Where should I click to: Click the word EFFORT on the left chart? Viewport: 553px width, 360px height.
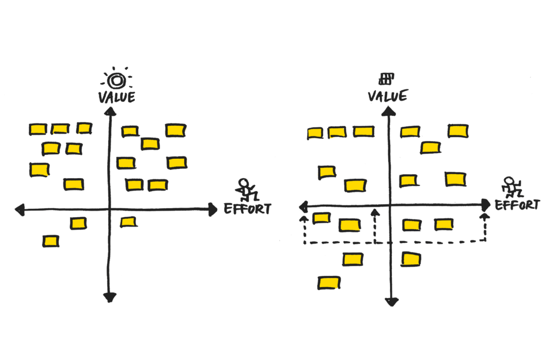pyautogui.click(x=248, y=209)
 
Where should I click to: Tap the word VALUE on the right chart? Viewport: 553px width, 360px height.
pyautogui.click(x=387, y=96)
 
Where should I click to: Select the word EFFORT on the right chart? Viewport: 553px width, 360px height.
pyautogui.click(x=517, y=205)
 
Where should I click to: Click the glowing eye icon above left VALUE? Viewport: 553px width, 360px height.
pyautogui.click(x=117, y=79)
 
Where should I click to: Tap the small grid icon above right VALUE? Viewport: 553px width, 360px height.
pyautogui.click(x=387, y=78)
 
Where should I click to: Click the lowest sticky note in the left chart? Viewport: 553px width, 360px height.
pyautogui.click(x=51, y=241)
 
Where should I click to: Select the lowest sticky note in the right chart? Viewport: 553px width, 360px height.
pyautogui.click(x=329, y=283)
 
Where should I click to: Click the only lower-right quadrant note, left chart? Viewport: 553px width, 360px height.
pyautogui.click(x=128, y=222)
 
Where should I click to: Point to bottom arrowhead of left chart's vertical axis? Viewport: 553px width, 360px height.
pyautogui.click(x=109, y=298)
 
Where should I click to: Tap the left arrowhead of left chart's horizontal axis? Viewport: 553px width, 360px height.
pyautogui.click(x=18, y=209)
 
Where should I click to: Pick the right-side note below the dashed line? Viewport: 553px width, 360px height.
pyautogui.click(x=411, y=259)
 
